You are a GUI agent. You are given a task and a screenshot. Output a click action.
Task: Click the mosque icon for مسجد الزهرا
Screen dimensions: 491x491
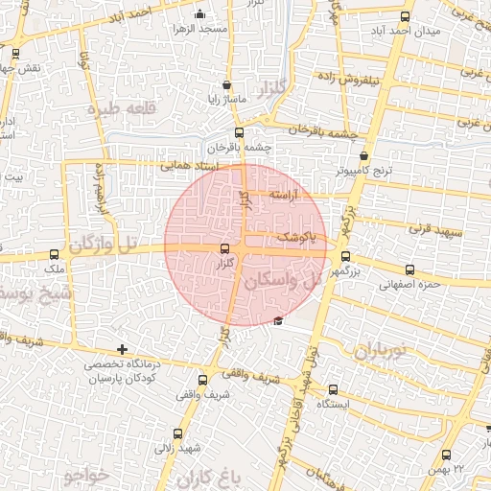(199, 14)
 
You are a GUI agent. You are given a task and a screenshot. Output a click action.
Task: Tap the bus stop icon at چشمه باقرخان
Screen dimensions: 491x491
(239, 133)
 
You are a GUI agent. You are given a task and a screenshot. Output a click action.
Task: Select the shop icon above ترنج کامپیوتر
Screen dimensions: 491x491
(363, 155)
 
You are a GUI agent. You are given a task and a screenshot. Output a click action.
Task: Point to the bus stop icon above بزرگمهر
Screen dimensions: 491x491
(346, 257)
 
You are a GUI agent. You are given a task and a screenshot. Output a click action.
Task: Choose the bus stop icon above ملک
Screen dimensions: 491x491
(55, 255)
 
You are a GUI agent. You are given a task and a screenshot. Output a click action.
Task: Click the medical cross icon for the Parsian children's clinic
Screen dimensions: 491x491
(121, 350)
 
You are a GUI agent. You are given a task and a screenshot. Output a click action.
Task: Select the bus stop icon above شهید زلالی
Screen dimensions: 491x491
(176, 433)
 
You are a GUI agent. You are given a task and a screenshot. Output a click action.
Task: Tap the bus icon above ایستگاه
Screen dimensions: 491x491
(333, 389)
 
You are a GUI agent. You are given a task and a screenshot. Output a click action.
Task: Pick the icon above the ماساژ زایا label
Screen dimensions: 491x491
(226, 84)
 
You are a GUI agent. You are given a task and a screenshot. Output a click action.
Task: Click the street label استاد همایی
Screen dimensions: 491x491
(192, 166)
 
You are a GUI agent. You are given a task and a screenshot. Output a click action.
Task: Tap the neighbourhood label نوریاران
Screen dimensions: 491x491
(382, 352)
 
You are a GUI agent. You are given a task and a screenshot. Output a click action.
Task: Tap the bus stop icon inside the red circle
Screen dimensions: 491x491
(225, 249)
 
